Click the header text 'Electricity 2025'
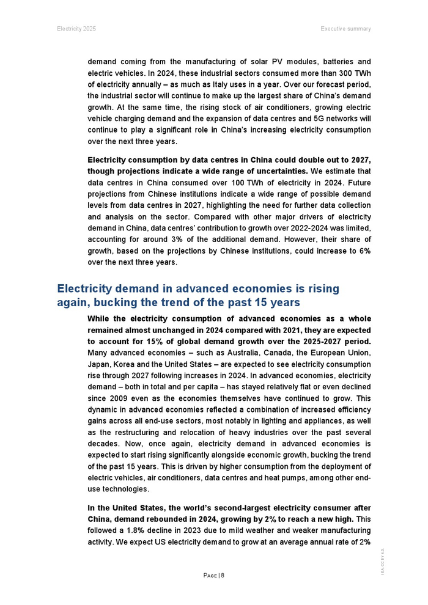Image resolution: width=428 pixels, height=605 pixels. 76,29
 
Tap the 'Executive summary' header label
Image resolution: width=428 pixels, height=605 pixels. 345,29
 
